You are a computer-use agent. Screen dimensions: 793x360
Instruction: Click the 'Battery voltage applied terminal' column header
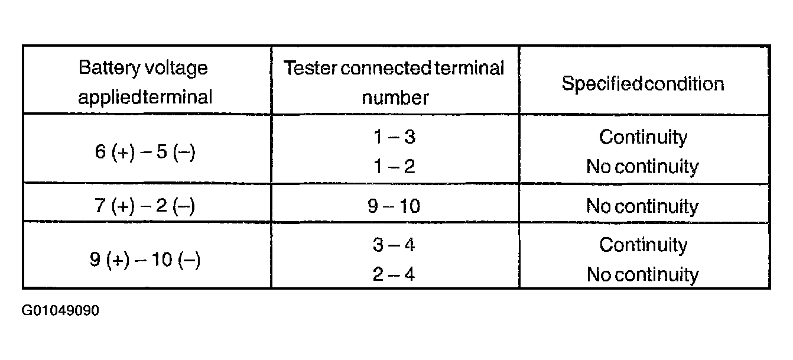145,82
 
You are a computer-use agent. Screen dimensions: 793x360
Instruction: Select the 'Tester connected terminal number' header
394,83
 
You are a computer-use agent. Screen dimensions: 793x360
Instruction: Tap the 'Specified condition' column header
643,83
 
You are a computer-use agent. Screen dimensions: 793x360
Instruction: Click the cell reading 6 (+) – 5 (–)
145,152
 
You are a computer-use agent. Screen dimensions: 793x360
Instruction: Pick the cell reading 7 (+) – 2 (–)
144,206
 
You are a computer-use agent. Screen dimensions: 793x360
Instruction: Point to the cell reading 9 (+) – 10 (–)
145,260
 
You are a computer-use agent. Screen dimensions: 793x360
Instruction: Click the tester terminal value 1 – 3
394,137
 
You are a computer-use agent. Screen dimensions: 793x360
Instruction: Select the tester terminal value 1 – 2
394,166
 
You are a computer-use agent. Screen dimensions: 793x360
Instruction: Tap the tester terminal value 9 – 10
394,206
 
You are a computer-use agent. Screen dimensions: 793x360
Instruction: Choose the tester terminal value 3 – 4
394,245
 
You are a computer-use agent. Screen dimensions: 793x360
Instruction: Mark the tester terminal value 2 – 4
394,274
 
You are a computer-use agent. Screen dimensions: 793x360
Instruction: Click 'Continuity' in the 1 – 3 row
643,137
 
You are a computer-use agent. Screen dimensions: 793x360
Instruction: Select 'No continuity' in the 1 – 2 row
642,167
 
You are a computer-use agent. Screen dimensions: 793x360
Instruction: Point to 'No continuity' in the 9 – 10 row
642,206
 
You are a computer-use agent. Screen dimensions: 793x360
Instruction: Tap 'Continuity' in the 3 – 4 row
643,245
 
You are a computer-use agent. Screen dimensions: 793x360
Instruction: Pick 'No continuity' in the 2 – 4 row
643,275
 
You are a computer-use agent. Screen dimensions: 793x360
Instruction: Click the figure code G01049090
60,310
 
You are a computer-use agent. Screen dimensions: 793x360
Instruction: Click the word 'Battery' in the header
109,68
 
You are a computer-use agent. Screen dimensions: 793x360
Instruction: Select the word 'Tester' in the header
310,68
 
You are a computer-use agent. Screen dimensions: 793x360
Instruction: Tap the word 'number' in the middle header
395,98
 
